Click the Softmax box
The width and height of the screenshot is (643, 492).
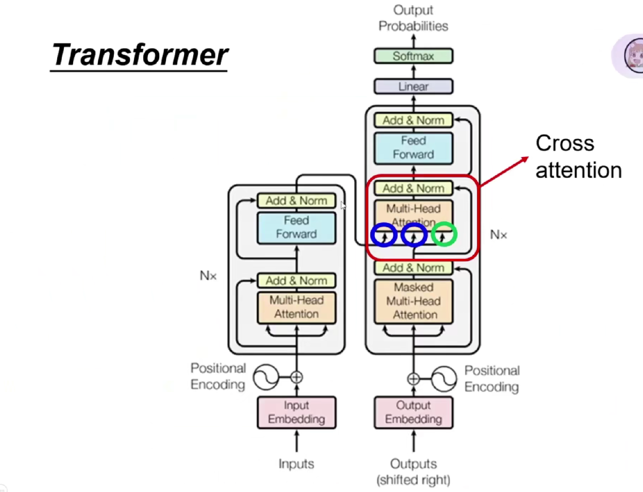point(413,56)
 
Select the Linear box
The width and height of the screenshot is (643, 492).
point(413,87)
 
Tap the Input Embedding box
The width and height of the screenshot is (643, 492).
point(296,412)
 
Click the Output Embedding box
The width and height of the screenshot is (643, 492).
point(413,412)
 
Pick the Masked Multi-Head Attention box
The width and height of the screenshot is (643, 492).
point(413,301)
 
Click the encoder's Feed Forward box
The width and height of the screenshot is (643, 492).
point(296,227)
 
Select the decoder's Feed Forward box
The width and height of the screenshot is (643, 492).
point(413,147)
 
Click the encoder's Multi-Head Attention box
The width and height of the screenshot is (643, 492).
point(296,307)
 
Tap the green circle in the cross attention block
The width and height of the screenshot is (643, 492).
point(444,234)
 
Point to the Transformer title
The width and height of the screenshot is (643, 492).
point(139,55)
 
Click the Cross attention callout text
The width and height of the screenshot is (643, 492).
point(578,157)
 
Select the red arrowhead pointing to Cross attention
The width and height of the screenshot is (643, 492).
point(525,159)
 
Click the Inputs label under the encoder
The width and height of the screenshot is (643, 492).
point(296,464)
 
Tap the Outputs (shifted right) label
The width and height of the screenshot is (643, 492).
point(413,471)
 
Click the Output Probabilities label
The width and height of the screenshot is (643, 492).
point(413,18)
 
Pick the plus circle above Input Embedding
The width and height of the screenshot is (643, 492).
point(296,377)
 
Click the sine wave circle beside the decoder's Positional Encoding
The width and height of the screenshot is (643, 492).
point(444,379)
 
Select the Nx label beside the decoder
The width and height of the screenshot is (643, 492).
point(498,234)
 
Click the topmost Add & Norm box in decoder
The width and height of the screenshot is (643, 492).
point(413,121)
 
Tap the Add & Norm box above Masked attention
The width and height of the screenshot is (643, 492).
point(413,268)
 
